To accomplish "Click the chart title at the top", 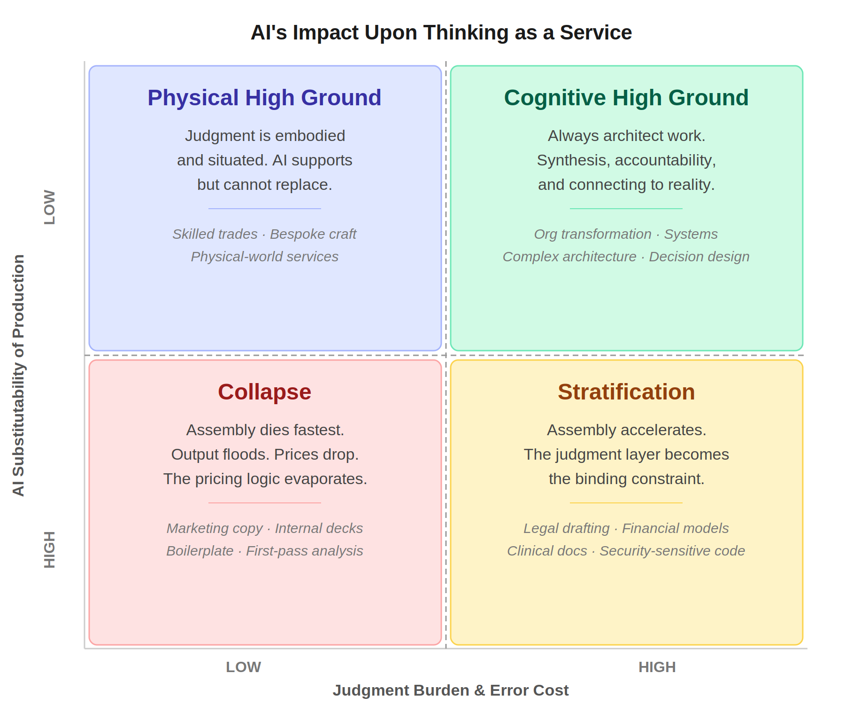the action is coord(441,33).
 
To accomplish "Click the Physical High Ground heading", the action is coord(264,98).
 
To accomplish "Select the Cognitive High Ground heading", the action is coord(626,98).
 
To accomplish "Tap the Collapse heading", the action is coord(264,392).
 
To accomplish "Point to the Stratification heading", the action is coord(626,392).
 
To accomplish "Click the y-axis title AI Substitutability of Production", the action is coord(18,375).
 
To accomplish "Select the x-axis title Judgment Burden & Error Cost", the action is coord(450,690).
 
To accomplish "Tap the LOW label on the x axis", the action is coord(243,667).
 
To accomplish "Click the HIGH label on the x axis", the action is coord(657,667).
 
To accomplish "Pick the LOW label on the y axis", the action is coord(50,207).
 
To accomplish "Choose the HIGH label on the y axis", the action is coord(50,549).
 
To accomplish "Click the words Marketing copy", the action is coord(215,528).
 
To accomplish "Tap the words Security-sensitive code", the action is coord(672,551).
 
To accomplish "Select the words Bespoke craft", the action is coord(313,234).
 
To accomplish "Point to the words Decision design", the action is coord(699,257).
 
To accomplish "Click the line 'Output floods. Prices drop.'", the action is coord(265,454).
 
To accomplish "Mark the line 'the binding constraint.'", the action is coord(626,479).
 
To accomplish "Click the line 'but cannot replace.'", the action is coord(264,185).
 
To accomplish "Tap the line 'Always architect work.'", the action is coord(626,136).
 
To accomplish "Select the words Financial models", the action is coord(675,528).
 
